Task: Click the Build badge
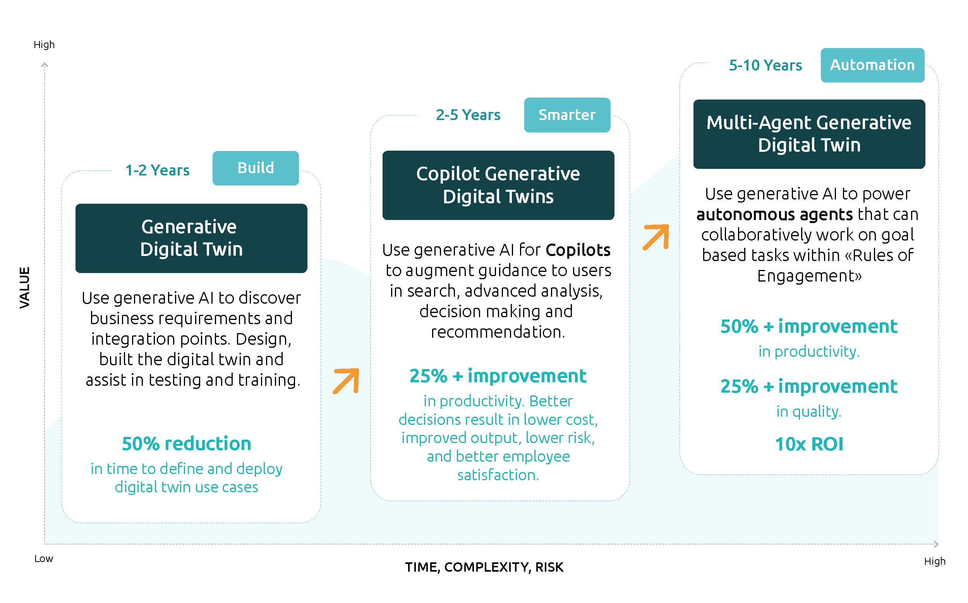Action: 256,168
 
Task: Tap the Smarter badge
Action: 567,115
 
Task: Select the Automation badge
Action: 872,65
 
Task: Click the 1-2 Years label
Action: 158,170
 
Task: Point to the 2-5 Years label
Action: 468,115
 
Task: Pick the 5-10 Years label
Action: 765,65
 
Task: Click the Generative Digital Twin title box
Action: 191,238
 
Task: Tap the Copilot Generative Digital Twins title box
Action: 498,185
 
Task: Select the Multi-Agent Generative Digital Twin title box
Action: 809,134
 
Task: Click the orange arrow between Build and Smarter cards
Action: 346,381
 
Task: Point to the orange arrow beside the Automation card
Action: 656,237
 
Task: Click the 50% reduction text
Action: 187,443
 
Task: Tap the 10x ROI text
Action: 809,444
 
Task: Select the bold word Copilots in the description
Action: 578,250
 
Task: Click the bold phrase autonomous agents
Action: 774,215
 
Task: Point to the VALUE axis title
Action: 25,287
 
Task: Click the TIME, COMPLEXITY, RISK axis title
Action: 484,567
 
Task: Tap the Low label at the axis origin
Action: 43,558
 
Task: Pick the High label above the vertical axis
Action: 44,45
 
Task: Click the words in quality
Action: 808,411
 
